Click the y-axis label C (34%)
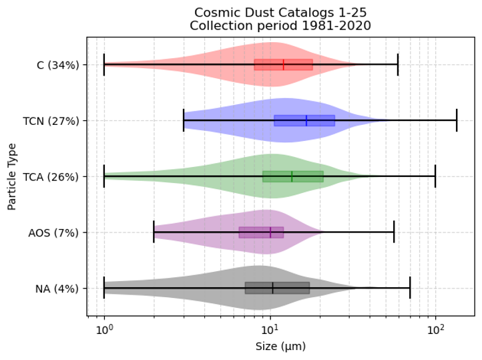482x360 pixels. click(x=59, y=65)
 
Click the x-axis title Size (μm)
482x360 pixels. click(x=280, y=347)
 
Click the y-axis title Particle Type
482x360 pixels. click(x=12, y=176)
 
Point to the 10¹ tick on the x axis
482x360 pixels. click(x=270, y=329)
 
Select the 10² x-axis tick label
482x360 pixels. click(x=436, y=329)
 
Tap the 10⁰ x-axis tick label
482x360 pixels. click(x=104, y=329)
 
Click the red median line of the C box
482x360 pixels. click(x=284, y=65)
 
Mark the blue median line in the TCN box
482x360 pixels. click(x=306, y=121)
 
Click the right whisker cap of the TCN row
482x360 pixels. click(x=457, y=121)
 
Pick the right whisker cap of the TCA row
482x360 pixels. click(x=435, y=177)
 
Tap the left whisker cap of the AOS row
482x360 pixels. click(x=154, y=233)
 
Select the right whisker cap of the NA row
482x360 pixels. click(x=410, y=289)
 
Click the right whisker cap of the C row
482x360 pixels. click(x=398, y=65)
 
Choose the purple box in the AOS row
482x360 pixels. click(x=254, y=233)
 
